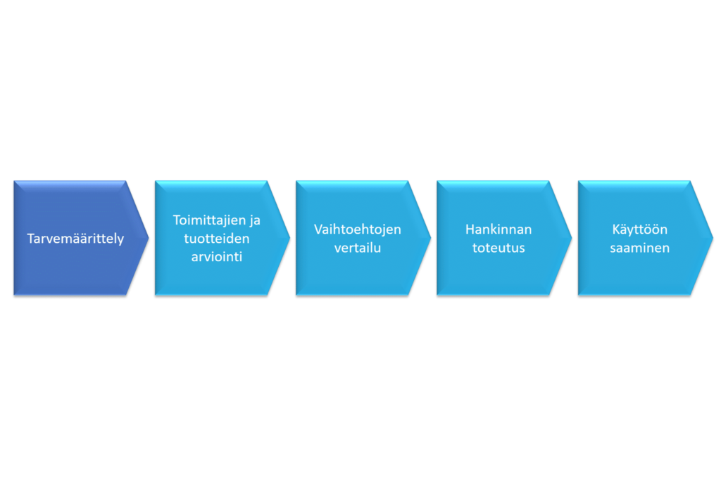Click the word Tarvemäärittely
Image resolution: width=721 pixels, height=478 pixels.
click(x=75, y=239)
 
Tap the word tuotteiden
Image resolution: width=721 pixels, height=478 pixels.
click(x=217, y=238)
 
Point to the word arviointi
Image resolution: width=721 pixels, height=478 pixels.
click(x=217, y=256)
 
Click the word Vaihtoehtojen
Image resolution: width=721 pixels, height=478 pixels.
click(x=357, y=229)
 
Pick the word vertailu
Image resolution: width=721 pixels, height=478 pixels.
click(x=357, y=248)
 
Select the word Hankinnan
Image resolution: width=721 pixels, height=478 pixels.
click(x=499, y=229)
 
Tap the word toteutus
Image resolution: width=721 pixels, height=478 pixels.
click(x=499, y=248)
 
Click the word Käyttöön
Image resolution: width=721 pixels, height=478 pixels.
click(x=639, y=229)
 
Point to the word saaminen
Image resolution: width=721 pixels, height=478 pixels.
click(x=639, y=248)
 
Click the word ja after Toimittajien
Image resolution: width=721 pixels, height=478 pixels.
click(x=255, y=221)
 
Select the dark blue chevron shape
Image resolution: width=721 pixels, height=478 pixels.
click(x=81, y=238)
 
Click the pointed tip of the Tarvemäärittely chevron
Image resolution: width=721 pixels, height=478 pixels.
click(x=149, y=238)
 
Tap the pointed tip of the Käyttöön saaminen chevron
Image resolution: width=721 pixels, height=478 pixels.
click(x=713, y=238)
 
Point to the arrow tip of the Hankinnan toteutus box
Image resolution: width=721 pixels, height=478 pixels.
click(x=572, y=238)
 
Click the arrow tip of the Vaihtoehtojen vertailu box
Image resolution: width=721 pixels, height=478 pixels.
click(x=430, y=238)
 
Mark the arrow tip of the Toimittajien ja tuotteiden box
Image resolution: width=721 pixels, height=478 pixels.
click(x=289, y=238)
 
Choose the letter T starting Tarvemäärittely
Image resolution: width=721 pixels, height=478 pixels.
click(x=31, y=238)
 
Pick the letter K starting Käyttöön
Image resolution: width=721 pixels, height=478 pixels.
click(x=617, y=229)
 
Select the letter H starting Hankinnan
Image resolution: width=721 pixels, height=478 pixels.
click(x=470, y=229)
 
